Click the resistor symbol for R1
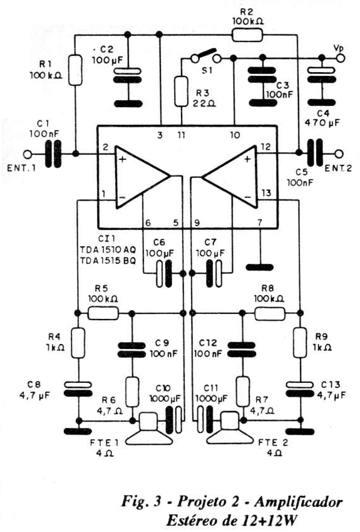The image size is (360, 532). point(75,70)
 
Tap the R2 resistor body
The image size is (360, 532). point(247,35)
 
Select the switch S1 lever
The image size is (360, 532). point(205,55)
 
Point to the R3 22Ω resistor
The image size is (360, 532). point(181,91)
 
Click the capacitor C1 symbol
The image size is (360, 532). point(53,154)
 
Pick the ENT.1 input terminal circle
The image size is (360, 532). point(28,154)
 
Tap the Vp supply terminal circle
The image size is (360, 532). point(341,58)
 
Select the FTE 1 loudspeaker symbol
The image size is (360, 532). point(149,429)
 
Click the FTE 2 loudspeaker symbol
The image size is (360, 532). point(230,429)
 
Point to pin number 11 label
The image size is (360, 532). point(182,135)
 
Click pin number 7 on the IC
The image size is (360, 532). point(260,222)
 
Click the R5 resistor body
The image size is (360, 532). point(103,313)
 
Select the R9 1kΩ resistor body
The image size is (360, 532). point(300,343)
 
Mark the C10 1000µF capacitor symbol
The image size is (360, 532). point(173,420)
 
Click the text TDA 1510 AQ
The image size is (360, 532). point(108,250)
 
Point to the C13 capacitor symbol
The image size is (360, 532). point(300,389)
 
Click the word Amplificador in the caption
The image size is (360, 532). point(298,501)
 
